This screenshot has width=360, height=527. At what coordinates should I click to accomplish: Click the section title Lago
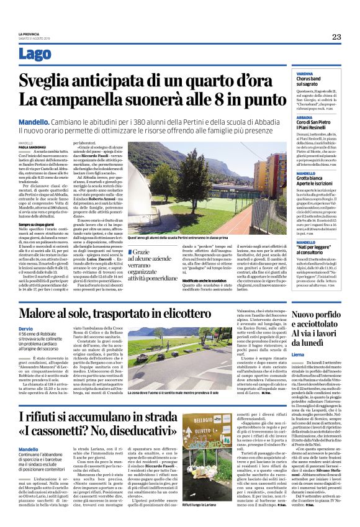coord(35,55)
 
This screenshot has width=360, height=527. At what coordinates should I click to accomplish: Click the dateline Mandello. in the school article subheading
coord(33,122)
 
